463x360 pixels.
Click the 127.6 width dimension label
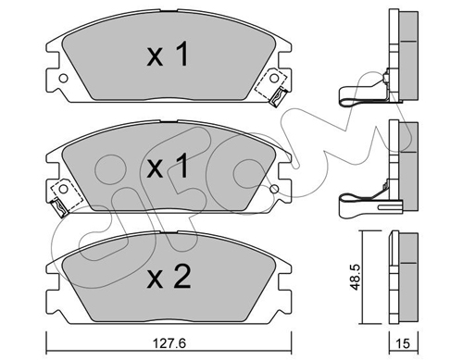169,343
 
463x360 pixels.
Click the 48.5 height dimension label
356,277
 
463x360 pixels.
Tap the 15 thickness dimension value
403,343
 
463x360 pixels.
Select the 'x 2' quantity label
169,278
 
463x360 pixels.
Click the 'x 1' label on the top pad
168,55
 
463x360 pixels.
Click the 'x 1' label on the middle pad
168,167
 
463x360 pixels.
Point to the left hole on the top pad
63,79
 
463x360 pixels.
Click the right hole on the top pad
274,78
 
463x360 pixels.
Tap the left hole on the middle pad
63,189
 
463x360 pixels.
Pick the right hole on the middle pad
274,189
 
